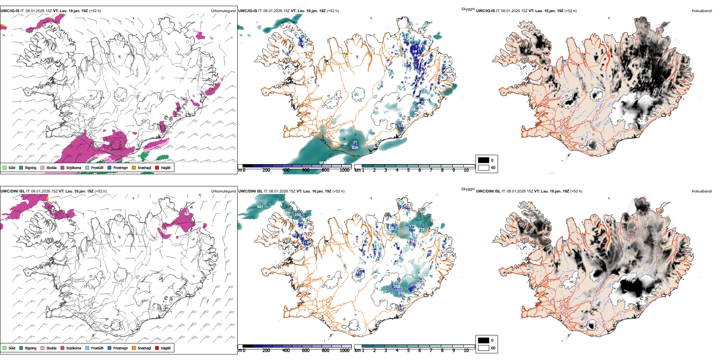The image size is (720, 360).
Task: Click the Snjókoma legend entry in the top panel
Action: coord(73,167)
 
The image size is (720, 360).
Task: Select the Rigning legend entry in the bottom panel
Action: coord(30,348)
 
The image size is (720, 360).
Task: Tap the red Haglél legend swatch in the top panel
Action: coord(157,167)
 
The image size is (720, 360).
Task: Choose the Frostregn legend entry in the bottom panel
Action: coord(120,348)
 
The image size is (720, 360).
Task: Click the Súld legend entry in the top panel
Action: coord(12,167)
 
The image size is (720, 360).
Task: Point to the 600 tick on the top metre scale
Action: coord(305,170)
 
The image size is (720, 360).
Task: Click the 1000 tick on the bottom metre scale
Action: coord(344,351)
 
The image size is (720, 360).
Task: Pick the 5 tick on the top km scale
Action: coord(408,170)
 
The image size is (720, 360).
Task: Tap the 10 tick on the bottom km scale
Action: coord(466,351)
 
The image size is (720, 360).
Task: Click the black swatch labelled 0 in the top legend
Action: coord(484,160)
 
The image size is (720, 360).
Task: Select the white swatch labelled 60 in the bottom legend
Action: coord(484,348)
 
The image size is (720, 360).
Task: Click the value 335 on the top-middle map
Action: coord(355,148)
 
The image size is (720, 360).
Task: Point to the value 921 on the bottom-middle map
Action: coord(260,207)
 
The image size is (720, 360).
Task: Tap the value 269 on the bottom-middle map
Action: coord(298,215)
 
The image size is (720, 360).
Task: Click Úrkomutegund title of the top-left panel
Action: coord(223,11)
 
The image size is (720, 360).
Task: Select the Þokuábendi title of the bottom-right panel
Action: coord(702,191)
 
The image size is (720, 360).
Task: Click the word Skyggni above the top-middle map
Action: coord(468,9)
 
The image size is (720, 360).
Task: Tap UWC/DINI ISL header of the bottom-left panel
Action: coord(13,191)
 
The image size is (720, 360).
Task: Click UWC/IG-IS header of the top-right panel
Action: coord(485,11)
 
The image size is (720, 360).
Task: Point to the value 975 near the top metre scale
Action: coord(322,163)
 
